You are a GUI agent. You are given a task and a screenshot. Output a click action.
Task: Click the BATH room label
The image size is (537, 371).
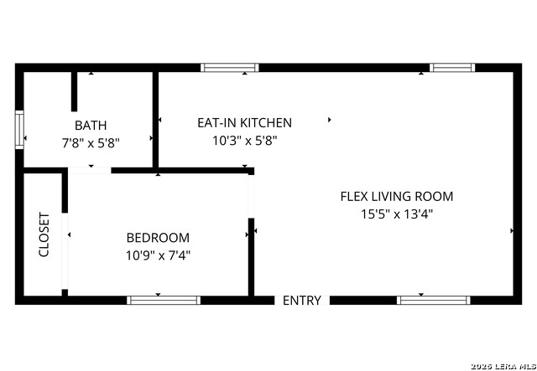pos(91,126)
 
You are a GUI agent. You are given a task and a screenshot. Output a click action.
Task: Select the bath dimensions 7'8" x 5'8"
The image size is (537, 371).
pos(91,143)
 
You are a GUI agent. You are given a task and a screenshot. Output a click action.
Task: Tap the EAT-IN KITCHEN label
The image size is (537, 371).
pos(244,123)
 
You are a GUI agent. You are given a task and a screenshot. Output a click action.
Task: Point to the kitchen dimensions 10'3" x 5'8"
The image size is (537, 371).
pos(244,141)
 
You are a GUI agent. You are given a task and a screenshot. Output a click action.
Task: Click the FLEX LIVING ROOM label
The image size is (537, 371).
pos(397,197)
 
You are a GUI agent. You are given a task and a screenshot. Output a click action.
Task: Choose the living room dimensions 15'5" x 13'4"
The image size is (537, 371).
pos(397,214)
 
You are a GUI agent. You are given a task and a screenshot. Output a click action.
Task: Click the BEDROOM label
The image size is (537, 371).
pos(158,238)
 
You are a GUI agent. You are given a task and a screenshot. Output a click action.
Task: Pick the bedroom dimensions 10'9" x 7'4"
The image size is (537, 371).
pos(158,255)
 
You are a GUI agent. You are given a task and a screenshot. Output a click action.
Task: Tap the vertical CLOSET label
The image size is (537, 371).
pos(44,234)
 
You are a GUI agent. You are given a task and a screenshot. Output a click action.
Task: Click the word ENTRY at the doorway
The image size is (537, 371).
pos(302,301)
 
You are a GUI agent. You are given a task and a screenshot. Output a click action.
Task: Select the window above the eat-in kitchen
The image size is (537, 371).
pos(229,67)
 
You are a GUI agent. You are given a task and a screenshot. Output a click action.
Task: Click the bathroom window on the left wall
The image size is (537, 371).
pos(19,130)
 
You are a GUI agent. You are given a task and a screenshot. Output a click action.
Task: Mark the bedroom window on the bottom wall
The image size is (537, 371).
pos(164,300)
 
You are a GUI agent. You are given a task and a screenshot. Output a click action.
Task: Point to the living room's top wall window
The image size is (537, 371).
pos(452,67)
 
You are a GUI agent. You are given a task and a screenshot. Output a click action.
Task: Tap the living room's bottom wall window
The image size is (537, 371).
pos(434,300)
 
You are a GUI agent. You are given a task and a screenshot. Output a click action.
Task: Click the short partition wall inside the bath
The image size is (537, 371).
pos(74,91)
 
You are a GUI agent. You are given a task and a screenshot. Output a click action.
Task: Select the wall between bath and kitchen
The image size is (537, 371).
pos(155,120)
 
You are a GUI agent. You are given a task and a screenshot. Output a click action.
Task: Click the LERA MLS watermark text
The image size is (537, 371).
pos(503,367)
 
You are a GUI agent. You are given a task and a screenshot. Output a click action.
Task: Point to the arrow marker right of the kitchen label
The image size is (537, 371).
pos(330,120)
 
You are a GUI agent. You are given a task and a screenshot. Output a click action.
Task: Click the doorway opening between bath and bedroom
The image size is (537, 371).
pos(90,170)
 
